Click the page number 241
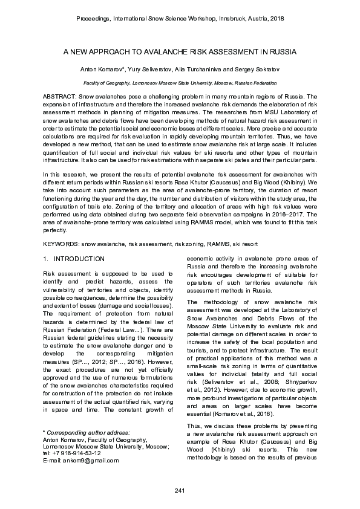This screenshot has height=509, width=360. point(179,490)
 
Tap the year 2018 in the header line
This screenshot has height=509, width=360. point(276,19)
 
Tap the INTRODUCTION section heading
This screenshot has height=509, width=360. point(79,259)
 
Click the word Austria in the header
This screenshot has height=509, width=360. point(253,19)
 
